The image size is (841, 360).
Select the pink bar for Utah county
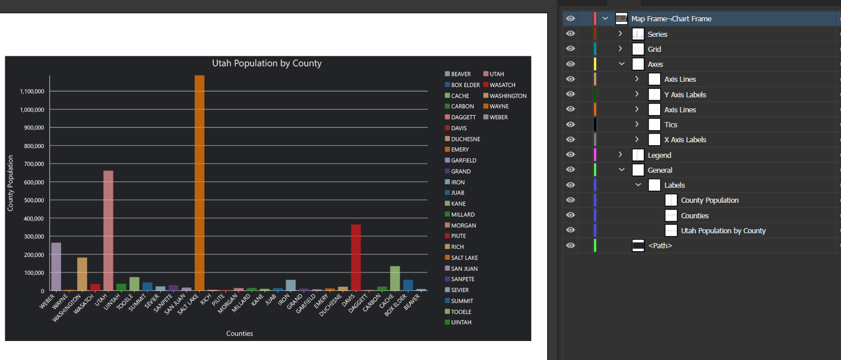click(x=108, y=230)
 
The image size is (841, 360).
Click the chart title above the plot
click(x=267, y=63)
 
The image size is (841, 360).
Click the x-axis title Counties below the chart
click(x=240, y=334)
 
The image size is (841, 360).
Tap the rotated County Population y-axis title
click(x=10, y=183)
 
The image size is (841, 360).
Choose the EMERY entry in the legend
click(x=460, y=150)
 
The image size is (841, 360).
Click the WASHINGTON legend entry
click(x=507, y=96)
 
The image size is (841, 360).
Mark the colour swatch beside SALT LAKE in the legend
click(x=447, y=258)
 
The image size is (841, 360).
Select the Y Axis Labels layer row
click(x=685, y=94)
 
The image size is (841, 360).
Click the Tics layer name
click(x=670, y=124)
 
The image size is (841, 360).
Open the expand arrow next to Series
click(x=620, y=34)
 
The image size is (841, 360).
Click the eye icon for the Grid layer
click(x=570, y=49)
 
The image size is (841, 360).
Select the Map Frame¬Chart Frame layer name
click(x=671, y=19)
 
